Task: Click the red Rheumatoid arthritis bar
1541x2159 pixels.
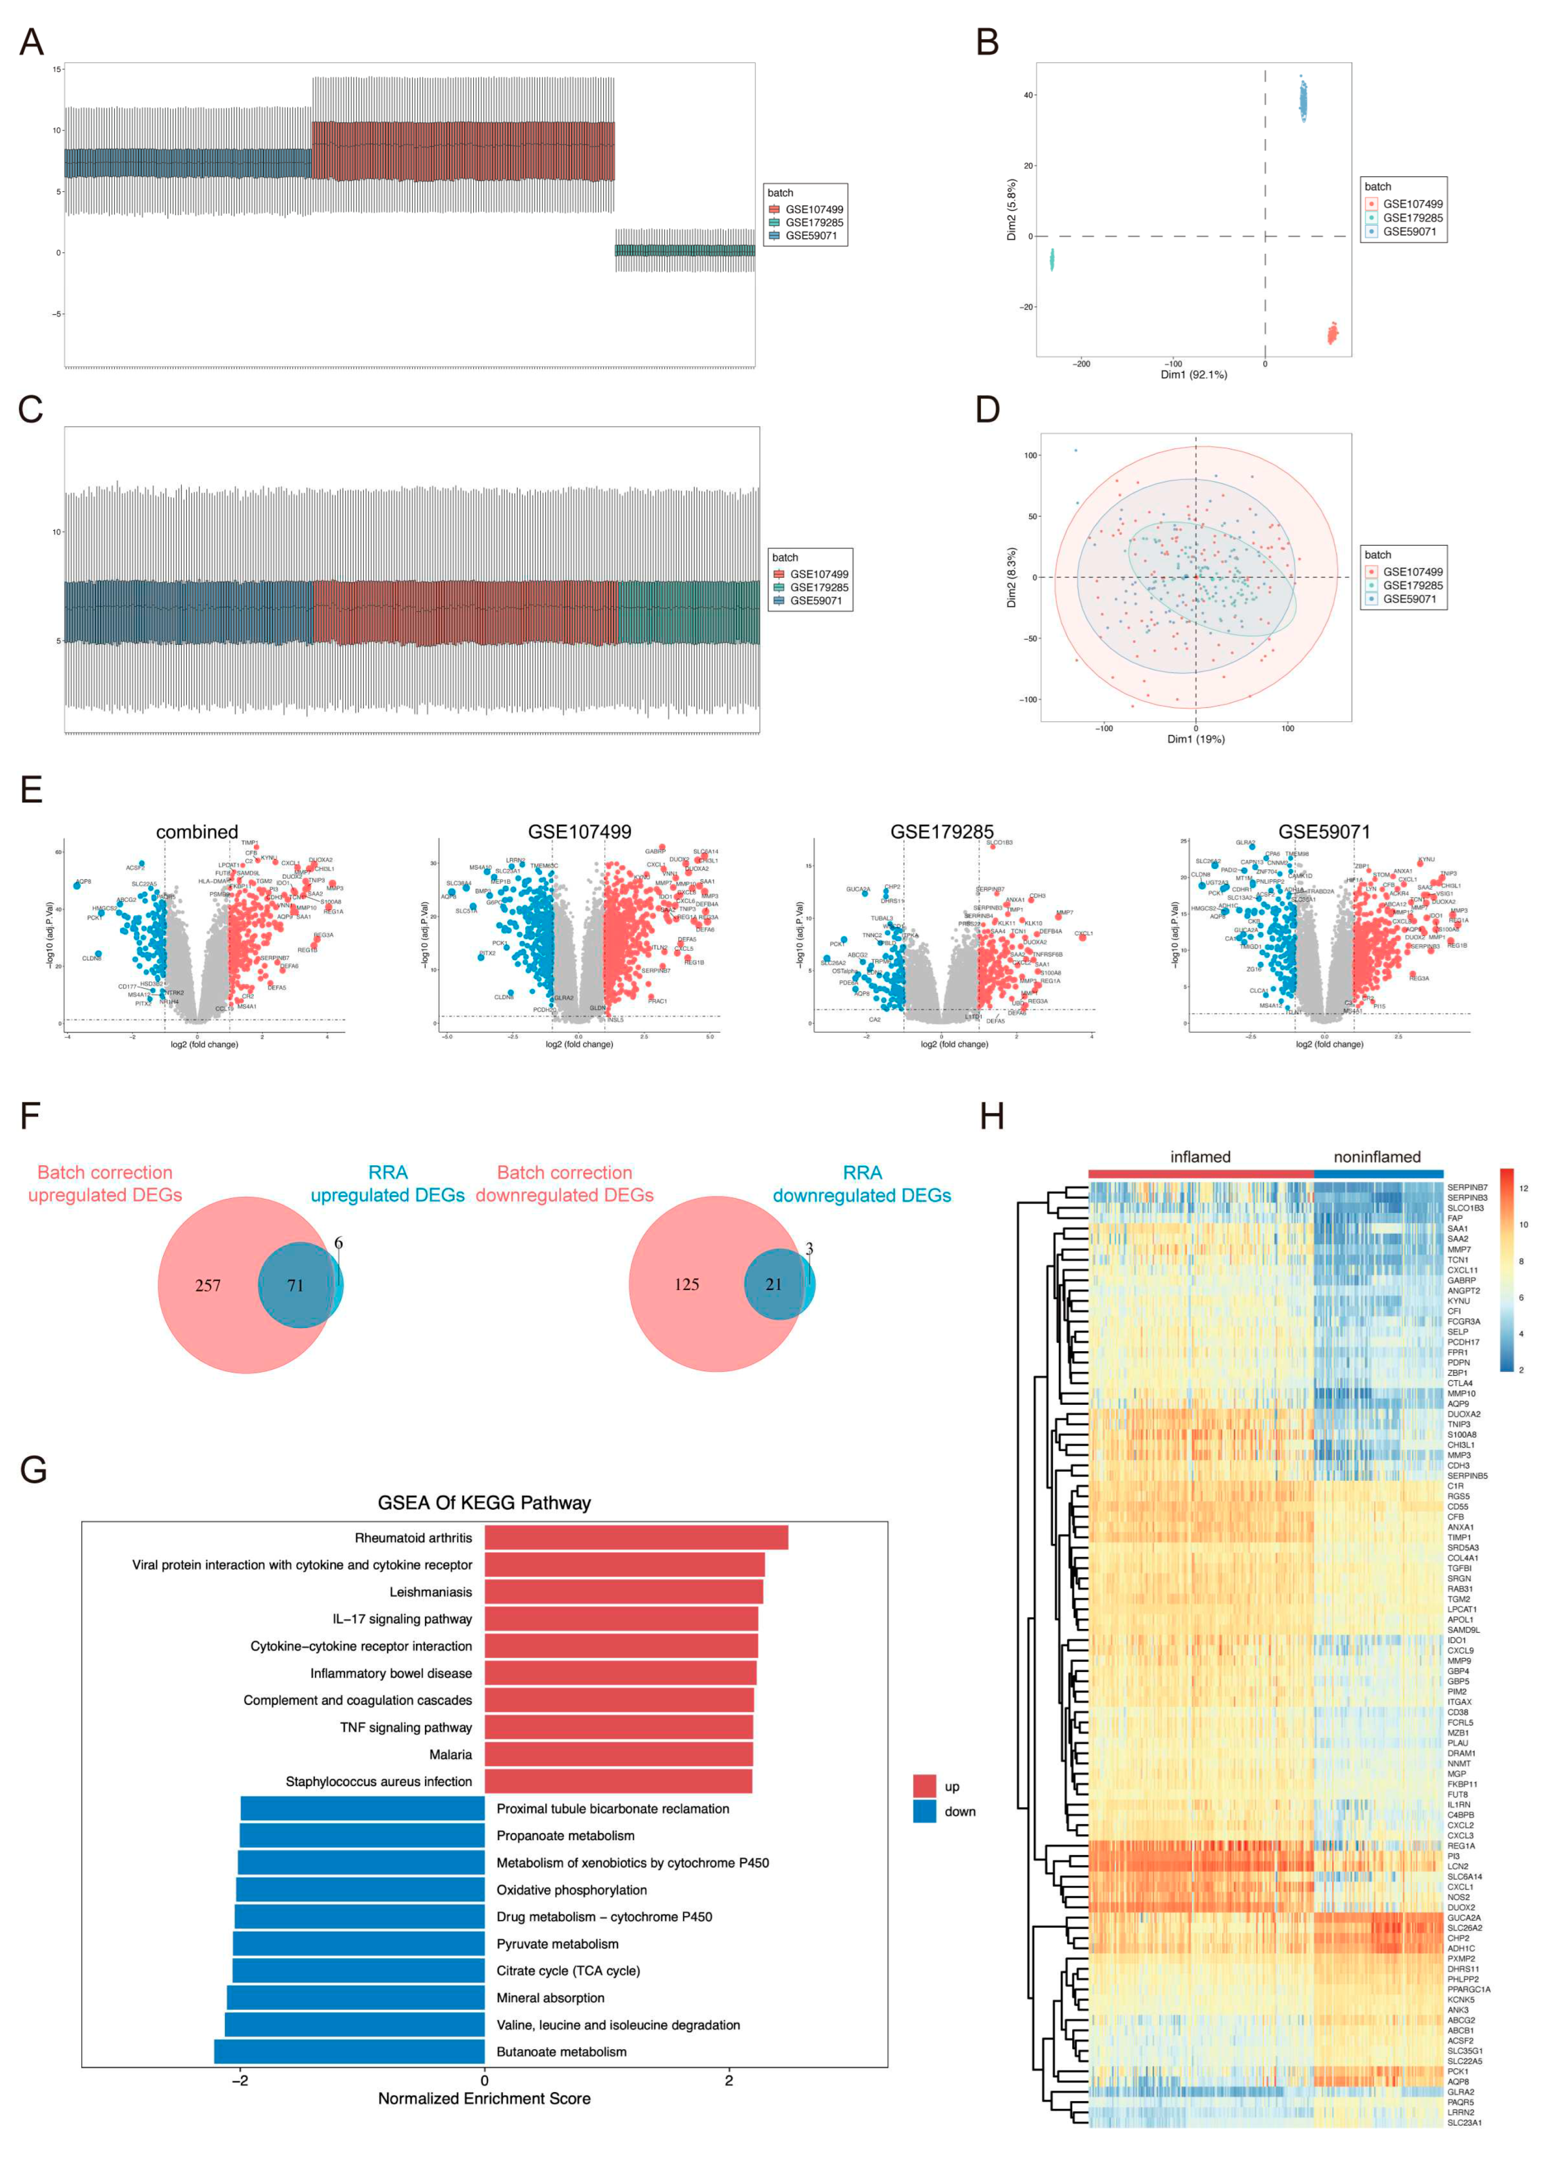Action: [x=636, y=1538]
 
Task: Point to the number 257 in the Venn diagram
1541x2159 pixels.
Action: [x=208, y=1286]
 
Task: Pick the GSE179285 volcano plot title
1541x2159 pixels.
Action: [x=941, y=832]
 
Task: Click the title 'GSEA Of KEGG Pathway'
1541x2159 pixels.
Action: [x=484, y=1503]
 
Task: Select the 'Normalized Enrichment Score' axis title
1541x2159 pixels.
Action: [x=484, y=2098]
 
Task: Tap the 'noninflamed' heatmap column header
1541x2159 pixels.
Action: [x=1377, y=1157]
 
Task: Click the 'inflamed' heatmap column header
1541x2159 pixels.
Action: [x=1200, y=1157]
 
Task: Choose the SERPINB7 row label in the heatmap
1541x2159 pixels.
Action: [x=1467, y=1187]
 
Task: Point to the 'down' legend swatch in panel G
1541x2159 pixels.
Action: [x=924, y=1812]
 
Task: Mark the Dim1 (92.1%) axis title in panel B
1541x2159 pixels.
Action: [x=1194, y=375]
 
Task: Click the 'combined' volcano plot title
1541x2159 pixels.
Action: [x=198, y=832]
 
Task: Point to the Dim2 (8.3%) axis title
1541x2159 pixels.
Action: [x=1012, y=577]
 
